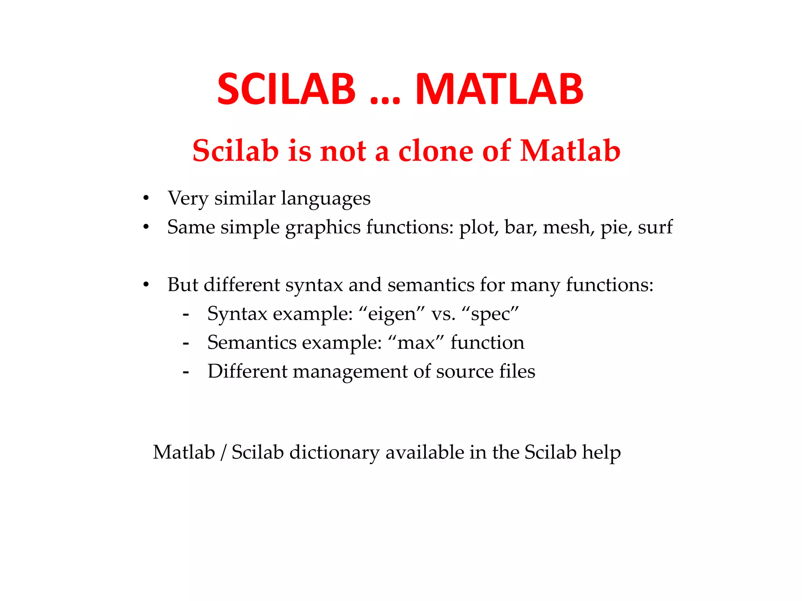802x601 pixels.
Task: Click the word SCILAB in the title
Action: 286,90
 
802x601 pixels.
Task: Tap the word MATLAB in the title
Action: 499,90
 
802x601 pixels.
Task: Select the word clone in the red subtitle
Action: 435,151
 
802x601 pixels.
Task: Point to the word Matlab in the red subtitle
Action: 570,151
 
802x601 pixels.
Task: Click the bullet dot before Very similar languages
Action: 146,198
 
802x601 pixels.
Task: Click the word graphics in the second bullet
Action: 323,228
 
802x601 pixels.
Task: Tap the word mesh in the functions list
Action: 566,227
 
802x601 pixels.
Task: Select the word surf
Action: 655,227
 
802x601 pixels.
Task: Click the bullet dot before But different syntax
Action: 146,285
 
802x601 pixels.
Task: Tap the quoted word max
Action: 416,343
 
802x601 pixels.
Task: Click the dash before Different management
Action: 186,372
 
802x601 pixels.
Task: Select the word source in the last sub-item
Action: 464,372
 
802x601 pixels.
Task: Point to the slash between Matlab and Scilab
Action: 223,453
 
